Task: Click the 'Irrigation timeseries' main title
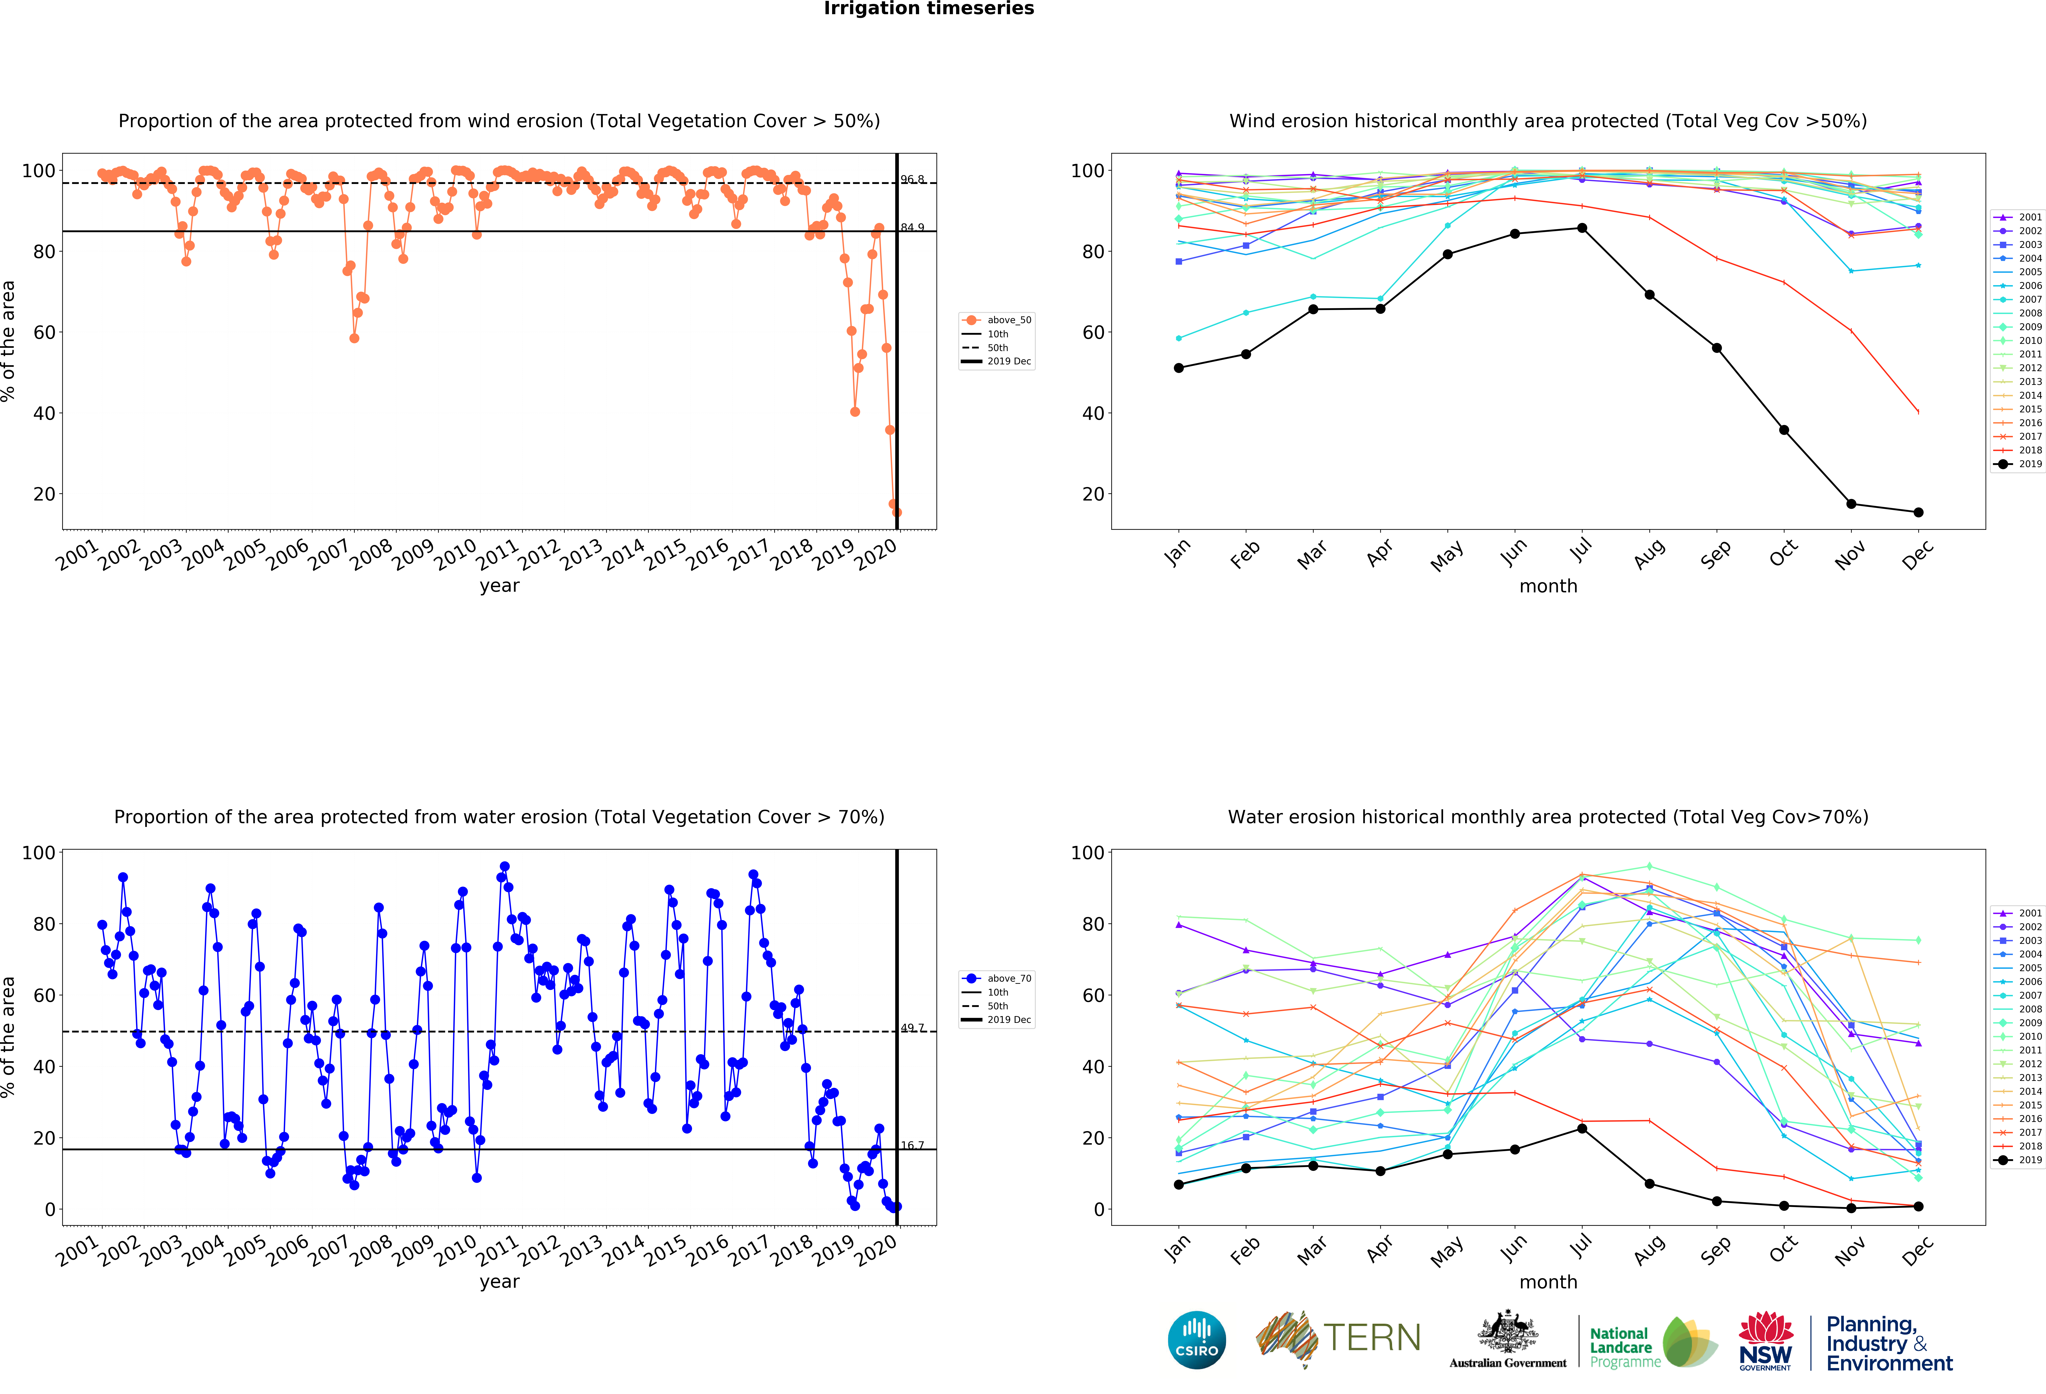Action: tap(929, 9)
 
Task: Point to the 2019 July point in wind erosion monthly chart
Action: tap(1582, 228)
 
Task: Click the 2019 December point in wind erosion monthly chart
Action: tap(1918, 512)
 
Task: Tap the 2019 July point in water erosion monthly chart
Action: tap(1582, 1128)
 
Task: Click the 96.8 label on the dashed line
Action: tap(912, 180)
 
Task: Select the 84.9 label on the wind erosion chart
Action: tap(912, 227)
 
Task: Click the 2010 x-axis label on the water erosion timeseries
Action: tap(456, 1250)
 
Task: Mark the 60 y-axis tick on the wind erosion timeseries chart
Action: tap(44, 333)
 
